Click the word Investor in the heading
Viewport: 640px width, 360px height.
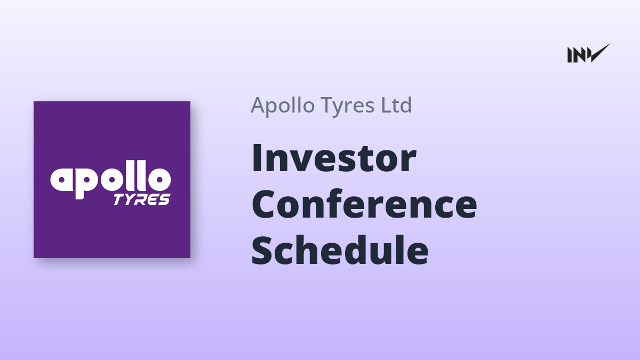pos(334,158)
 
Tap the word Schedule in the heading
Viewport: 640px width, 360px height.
pos(340,250)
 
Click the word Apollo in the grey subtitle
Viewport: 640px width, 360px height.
pos(283,105)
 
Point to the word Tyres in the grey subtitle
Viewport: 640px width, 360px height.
pos(347,106)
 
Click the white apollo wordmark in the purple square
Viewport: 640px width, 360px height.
pos(110,179)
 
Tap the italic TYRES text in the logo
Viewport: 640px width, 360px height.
pos(142,199)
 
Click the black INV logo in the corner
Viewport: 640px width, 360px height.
pos(589,53)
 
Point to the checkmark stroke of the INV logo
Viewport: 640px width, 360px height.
pos(600,53)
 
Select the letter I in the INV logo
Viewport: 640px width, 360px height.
pos(570,55)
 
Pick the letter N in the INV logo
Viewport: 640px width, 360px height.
pos(579,55)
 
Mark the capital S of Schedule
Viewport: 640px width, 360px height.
pos(263,250)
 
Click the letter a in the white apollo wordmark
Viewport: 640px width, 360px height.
pos(62,179)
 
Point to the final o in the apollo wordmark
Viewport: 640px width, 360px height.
pos(159,179)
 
